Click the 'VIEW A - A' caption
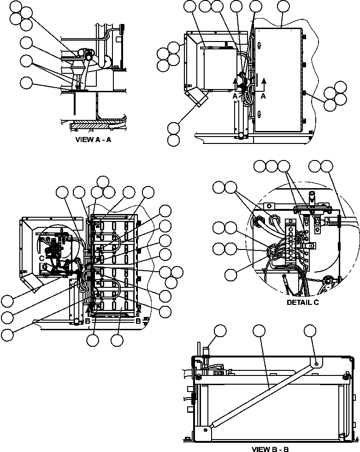[x=93, y=140]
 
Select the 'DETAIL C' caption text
[x=303, y=303]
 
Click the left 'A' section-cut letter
[x=235, y=96]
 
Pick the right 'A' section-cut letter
[x=264, y=96]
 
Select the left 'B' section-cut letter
[x=87, y=321]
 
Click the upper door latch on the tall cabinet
[x=259, y=46]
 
